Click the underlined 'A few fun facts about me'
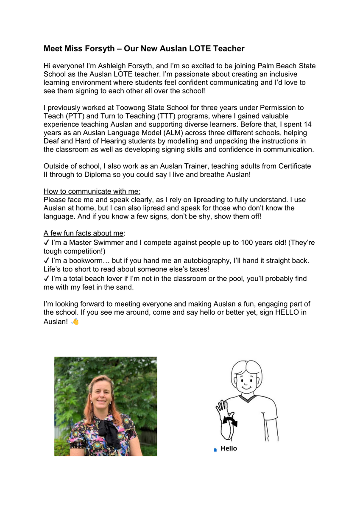point(84,233)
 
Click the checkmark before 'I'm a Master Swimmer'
point(47,243)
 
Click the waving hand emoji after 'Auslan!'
point(75,322)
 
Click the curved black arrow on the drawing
point(231,422)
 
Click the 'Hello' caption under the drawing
point(229,449)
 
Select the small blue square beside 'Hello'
point(215,450)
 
